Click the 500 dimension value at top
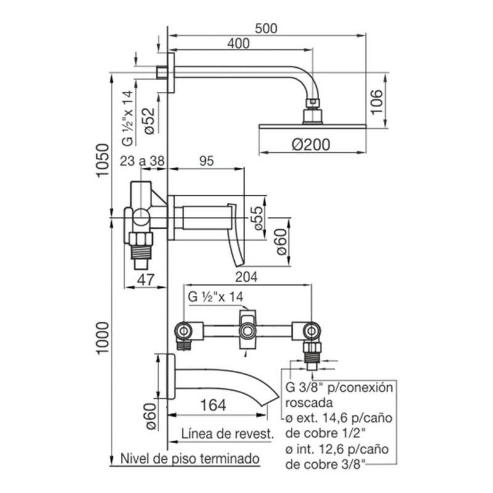(266, 28)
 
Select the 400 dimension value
(238, 44)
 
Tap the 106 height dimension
(376, 102)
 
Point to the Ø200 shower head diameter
(311, 145)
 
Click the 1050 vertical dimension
(103, 160)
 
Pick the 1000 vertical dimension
(103, 338)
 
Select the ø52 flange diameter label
(149, 121)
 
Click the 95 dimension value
(206, 161)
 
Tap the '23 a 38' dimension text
(142, 161)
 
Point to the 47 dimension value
(146, 280)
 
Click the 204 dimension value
(246, 277)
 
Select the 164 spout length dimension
(213, 405)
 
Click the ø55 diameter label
(258, 218)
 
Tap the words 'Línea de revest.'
(227, 434)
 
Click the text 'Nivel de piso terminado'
(190, 458)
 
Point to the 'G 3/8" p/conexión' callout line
(340, 388)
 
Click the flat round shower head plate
(312, 126)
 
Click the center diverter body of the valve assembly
(248, 330)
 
